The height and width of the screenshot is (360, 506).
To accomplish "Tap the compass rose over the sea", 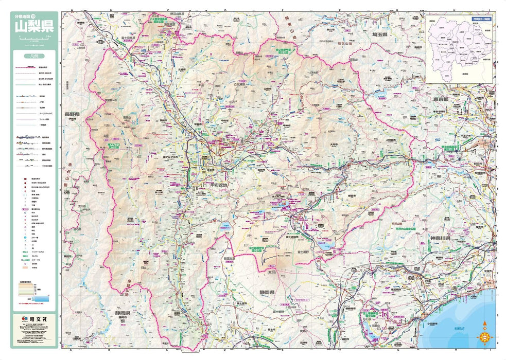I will click(484, 334).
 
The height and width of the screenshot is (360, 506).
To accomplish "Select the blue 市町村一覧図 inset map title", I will click(481, 18).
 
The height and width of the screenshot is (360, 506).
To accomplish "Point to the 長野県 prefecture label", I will click(72, 113).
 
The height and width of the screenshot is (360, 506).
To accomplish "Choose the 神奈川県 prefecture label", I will click(441, 239).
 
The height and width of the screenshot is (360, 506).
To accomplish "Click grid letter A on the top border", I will click(73, 10).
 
